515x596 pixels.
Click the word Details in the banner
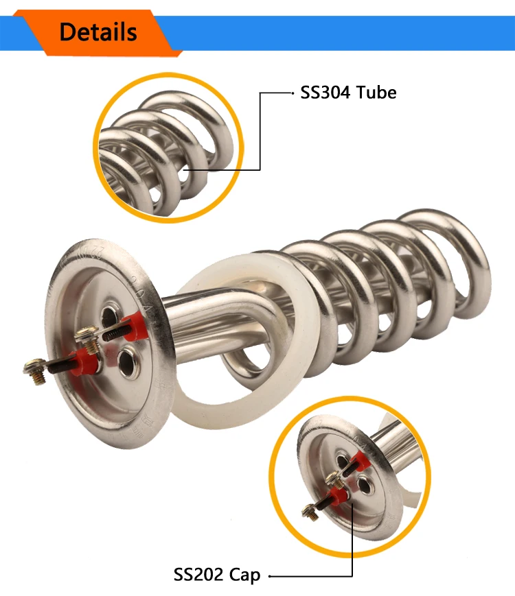coord(98,32)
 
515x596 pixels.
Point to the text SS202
coord(198,574)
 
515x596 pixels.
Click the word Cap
coord(244,575)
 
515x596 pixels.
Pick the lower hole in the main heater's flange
coord(128,363)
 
